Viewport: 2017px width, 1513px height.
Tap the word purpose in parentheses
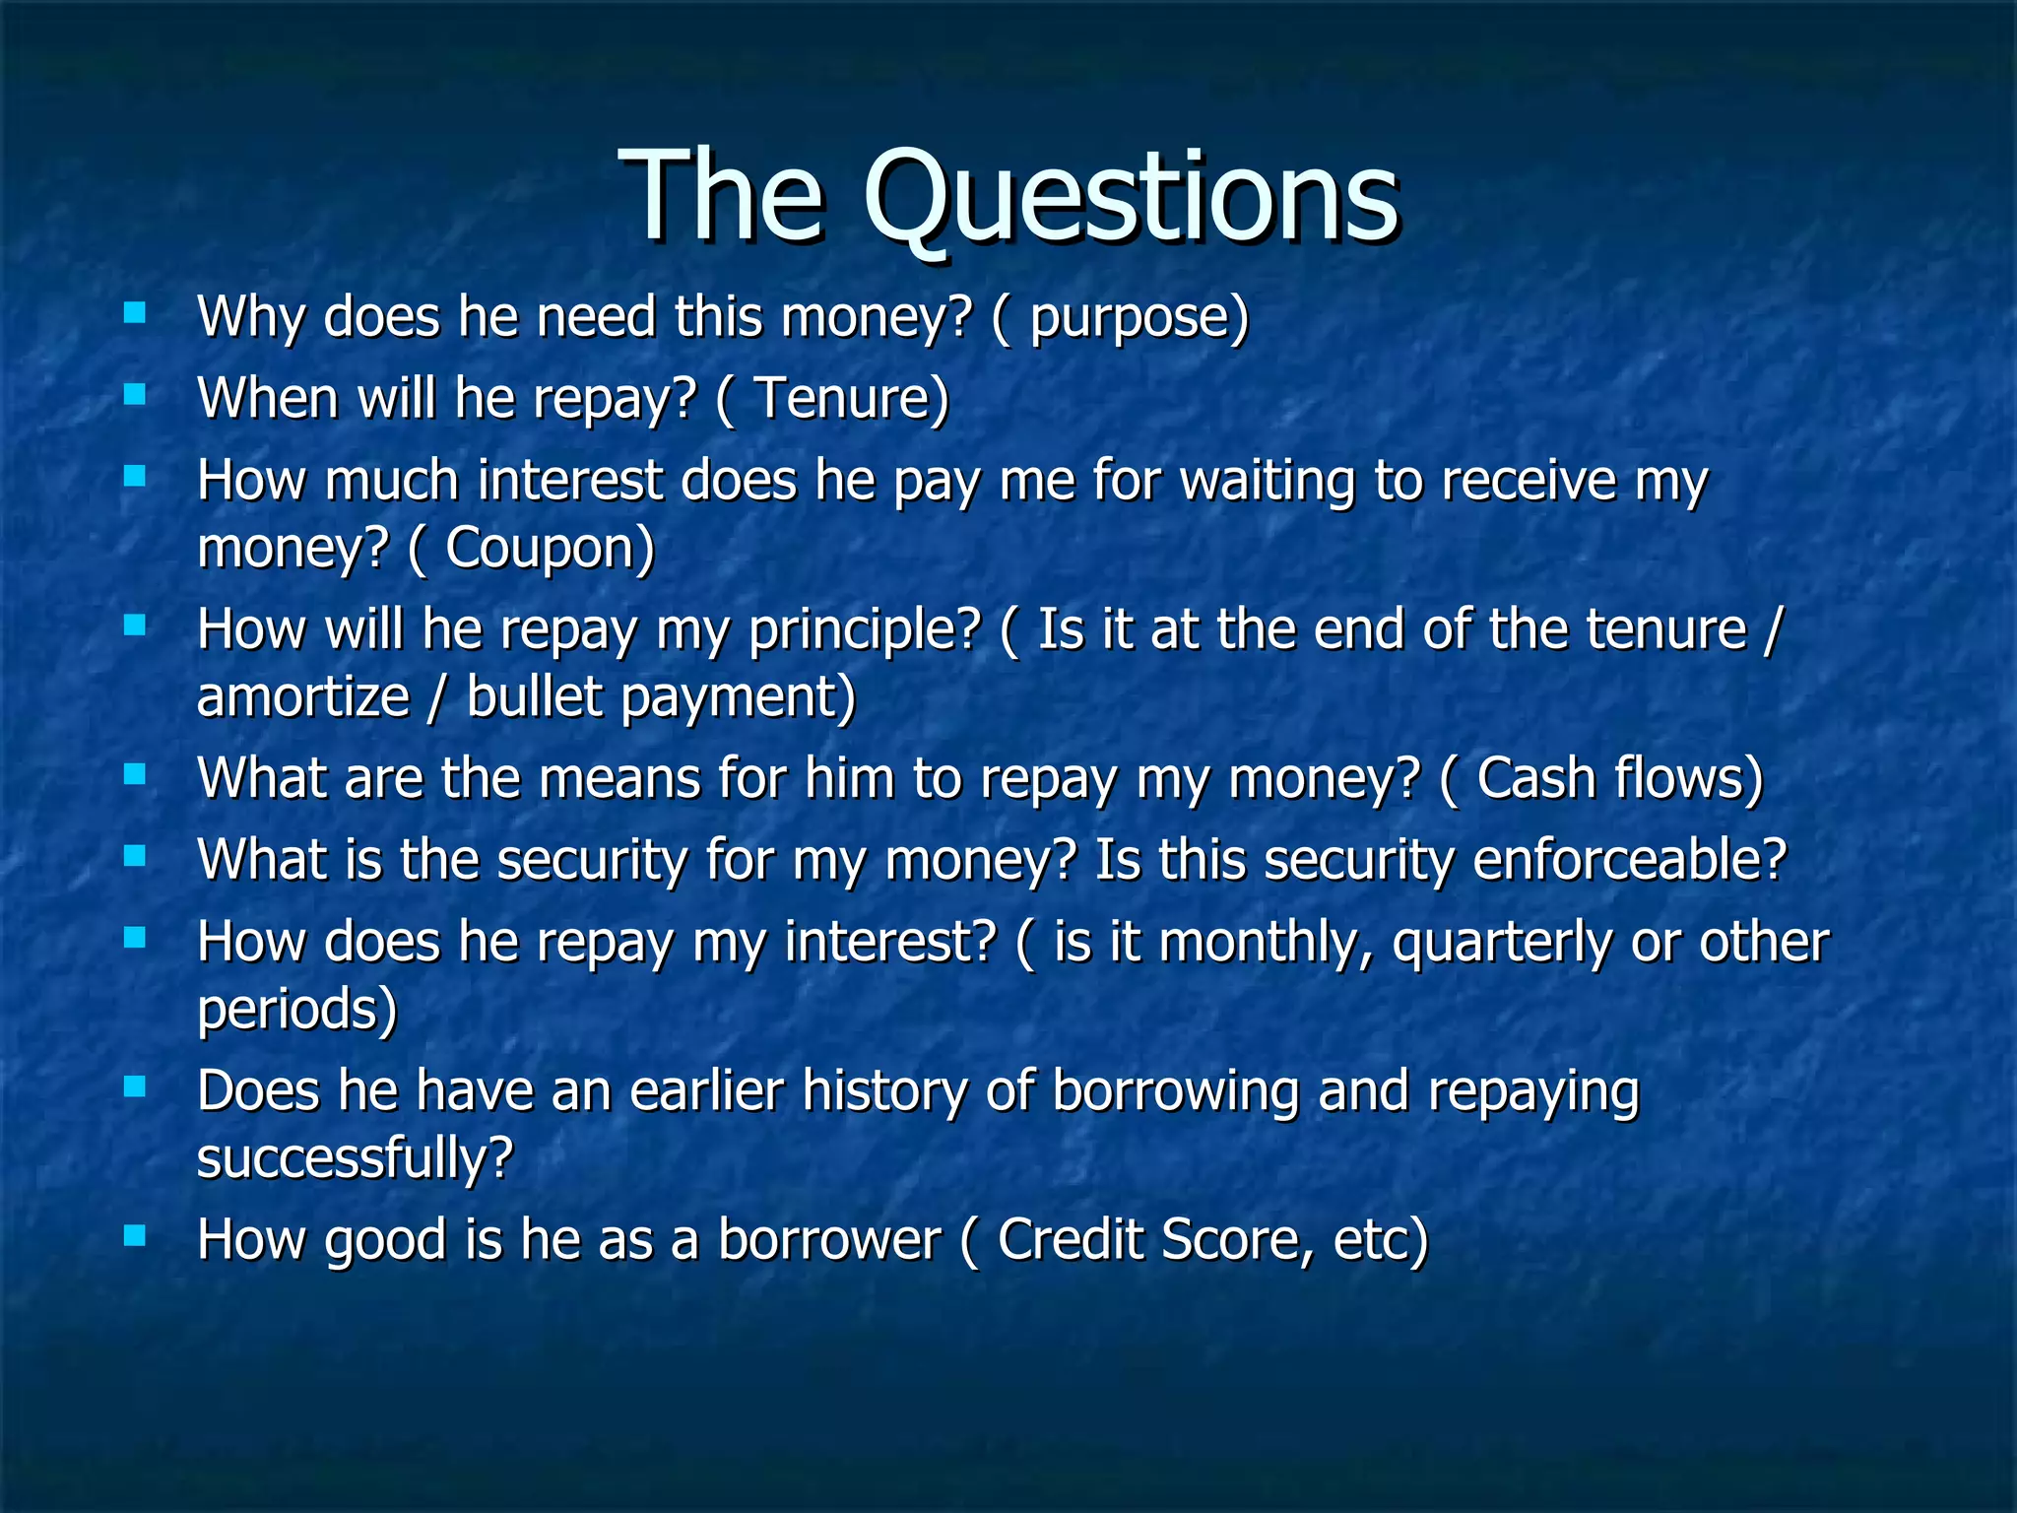tap(1138, 319)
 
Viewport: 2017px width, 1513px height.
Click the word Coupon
tap(549, 549)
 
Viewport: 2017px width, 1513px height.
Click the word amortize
tap(303, 697)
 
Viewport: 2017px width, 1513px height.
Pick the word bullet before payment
tap(534, 697)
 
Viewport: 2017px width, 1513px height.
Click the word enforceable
tap(1629, 861)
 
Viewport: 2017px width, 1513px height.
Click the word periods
tap(295, 1010)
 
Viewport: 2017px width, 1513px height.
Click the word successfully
tap(355, 1159)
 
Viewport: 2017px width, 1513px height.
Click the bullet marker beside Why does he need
tap(135, 314)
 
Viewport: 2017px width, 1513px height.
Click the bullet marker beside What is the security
tap(135, 855)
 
